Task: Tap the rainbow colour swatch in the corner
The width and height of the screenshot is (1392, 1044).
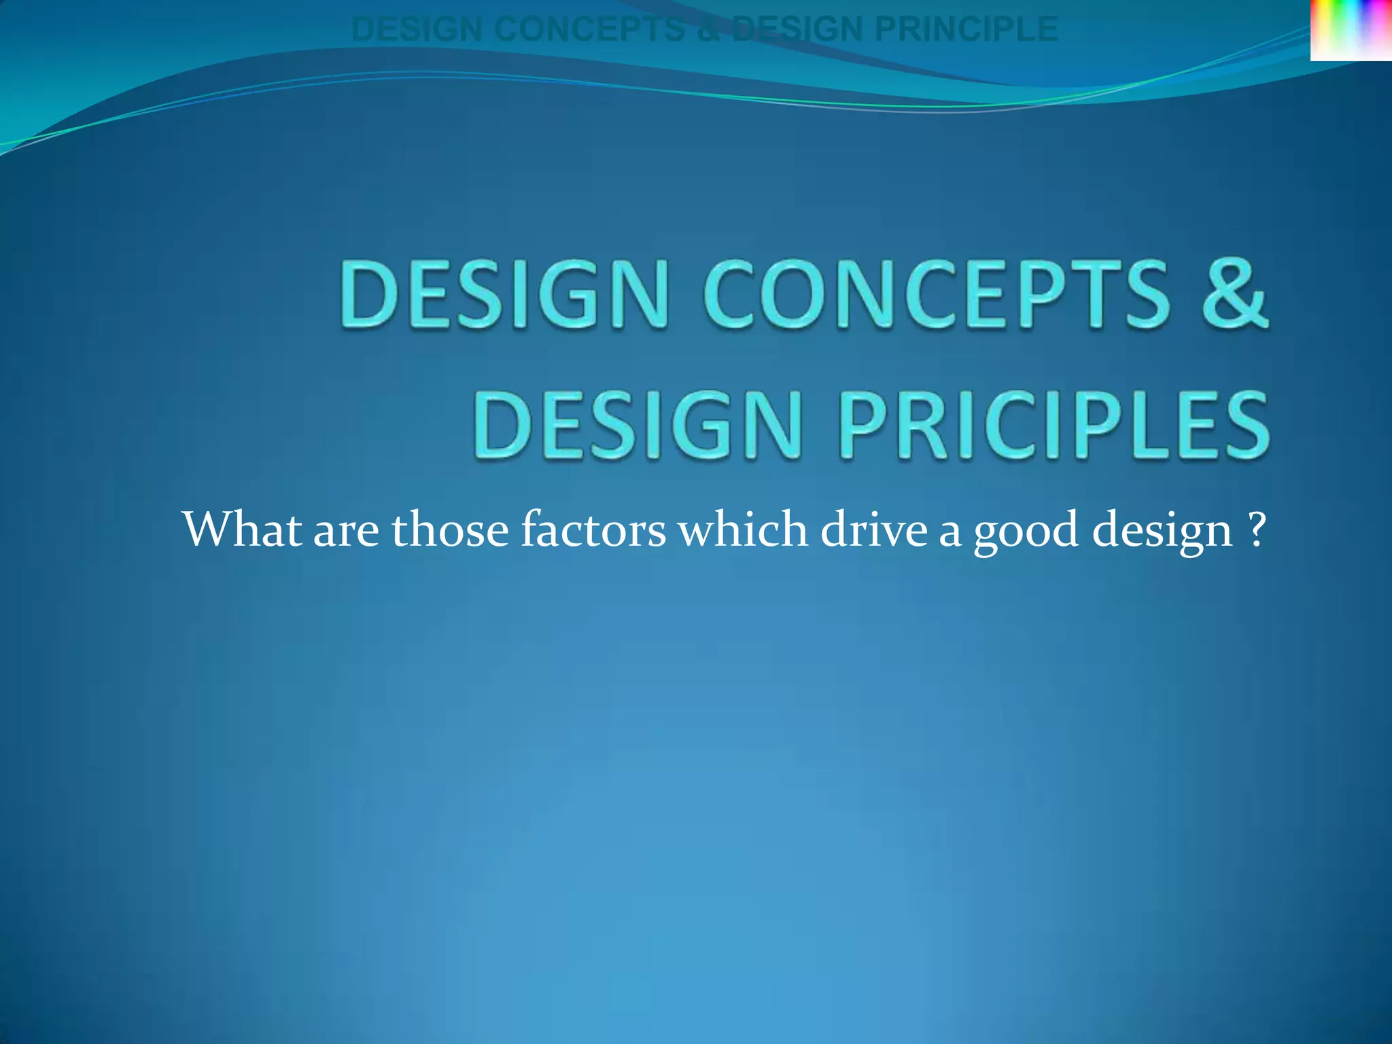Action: pyautogui.click(x=1351, y=30)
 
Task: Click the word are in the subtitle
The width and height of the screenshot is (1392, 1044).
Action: pyautogui.click(x=346, y=530)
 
